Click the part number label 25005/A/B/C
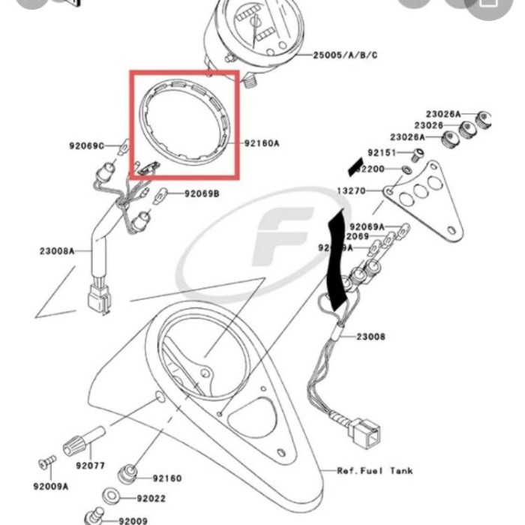click(345, 55)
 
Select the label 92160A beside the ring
click(261, 142)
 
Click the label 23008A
click(57, 251)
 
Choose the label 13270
click(350, 191)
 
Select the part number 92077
click(90, 466)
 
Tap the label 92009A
click(50, 486)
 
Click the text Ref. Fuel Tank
click(374, 471)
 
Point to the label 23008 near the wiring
click(370, 337)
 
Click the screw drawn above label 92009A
click(48, 459)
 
